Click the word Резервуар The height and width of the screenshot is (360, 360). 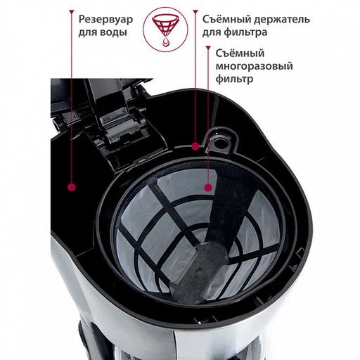click(x=105, y=20)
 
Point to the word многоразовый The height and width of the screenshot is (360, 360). click(x=254, y=66)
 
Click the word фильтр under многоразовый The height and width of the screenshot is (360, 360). click(x=234, y=79)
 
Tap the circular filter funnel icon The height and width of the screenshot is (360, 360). click(x=165, y=30)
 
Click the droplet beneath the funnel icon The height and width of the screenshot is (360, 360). click(x=165, y=42)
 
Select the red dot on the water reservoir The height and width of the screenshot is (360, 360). click(x=72, y=187)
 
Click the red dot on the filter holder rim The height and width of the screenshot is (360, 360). click(x=195, y=146)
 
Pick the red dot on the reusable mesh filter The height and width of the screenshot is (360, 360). click(x=208, y=188)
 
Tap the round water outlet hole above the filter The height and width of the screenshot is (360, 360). click(x=220, y=141)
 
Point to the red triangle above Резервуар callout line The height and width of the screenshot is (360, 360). click(x=72, y=12)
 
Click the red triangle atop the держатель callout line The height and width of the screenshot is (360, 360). click(x=195, y=12)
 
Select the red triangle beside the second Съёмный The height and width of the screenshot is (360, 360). click(x=208, y=48)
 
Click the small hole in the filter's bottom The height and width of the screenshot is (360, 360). click(x=199, y=273)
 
